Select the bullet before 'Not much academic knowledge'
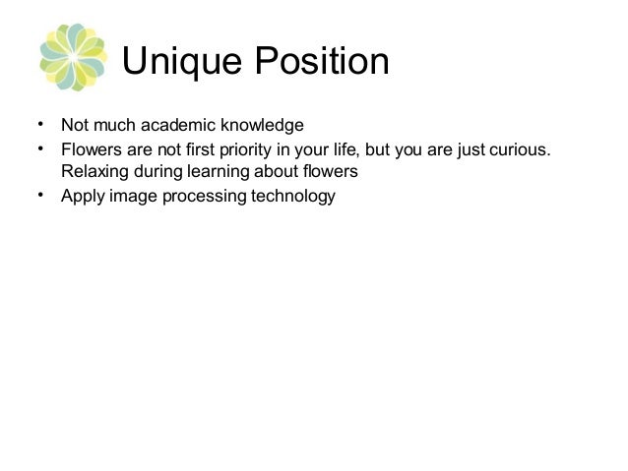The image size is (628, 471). coord(39,125)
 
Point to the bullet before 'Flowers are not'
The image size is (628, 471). coord(39,148)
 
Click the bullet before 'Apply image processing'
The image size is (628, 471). coord(39,195)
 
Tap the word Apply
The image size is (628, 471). coord(81,197)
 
